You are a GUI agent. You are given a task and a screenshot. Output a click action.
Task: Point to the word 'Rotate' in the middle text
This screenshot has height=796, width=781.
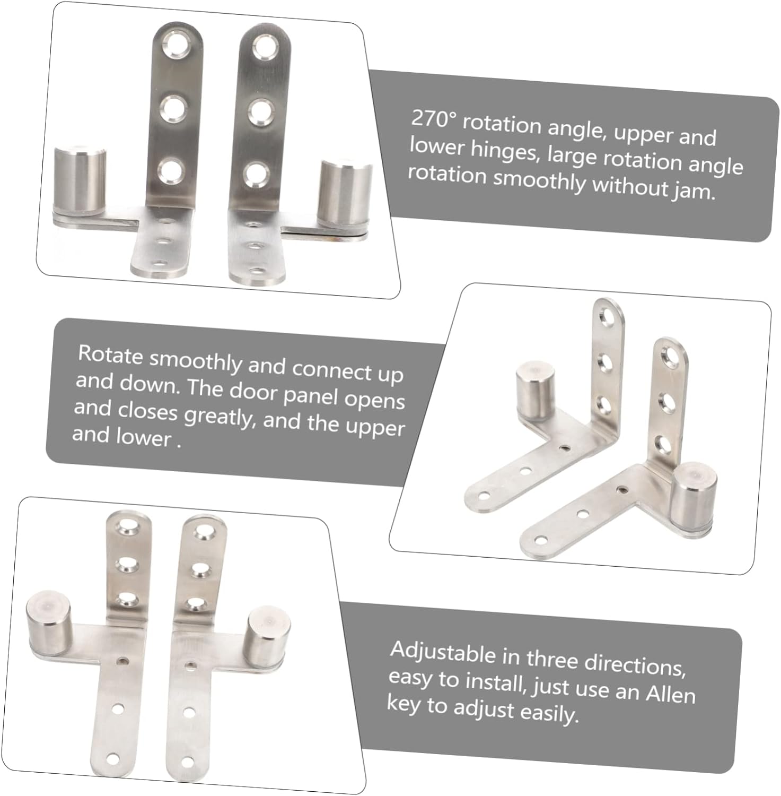tap(110, 355)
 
